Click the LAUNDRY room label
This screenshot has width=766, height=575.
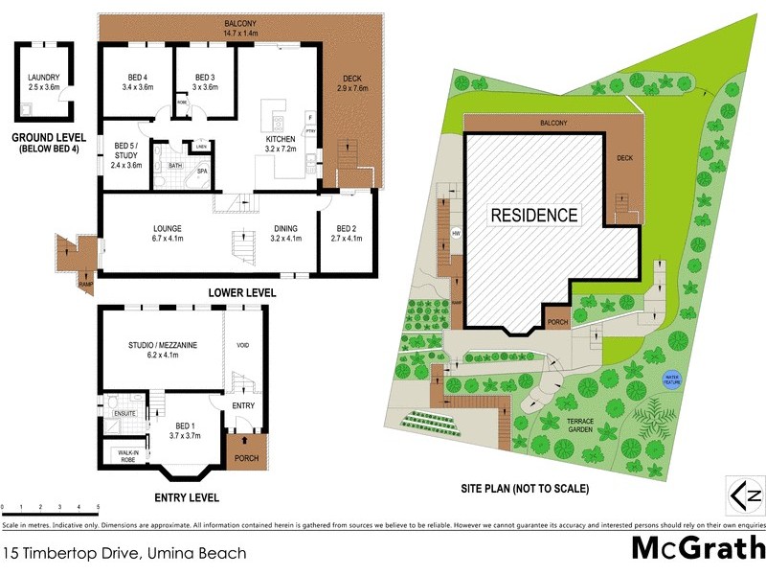[x=44, y=77]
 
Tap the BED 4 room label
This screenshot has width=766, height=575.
[x=138, y=77]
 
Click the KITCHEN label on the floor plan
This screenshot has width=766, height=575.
[x=280, y=141]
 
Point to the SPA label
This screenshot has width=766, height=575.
[x=202, y=172]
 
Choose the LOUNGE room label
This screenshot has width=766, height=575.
[x=168, y=228]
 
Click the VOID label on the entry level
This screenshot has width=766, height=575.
[x=242, y=346]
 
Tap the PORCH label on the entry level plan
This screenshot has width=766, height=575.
[x=246, y=459]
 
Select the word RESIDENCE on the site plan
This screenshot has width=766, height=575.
[x=534, y=215]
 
